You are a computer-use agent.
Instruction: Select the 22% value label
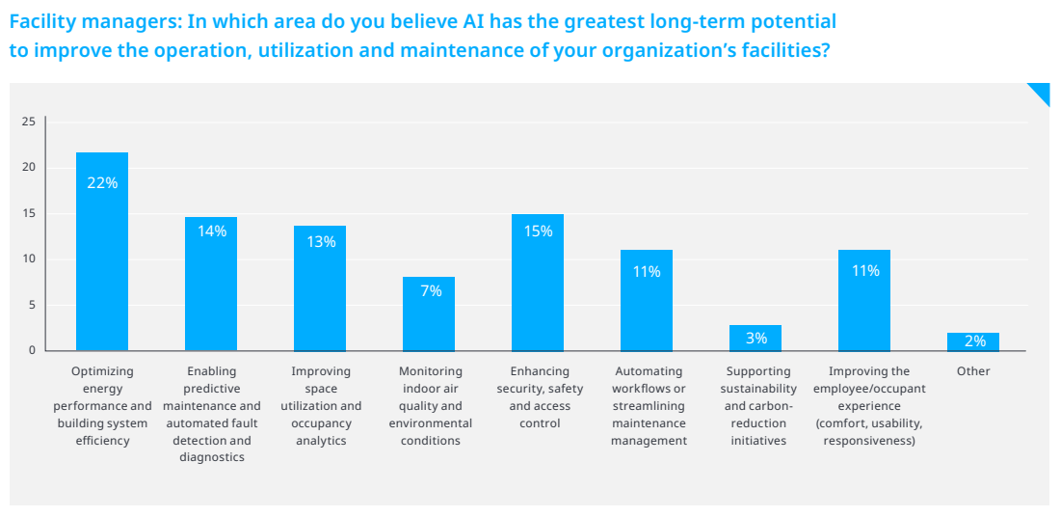pyautogui.click(x=102, y=182)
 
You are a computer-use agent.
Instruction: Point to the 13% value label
pyautogui.click(x=321, y=242)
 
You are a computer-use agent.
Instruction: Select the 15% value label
pyautogui.click(x=538, y=231)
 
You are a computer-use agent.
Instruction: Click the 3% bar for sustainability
pyautogui.click(x=755, y=339)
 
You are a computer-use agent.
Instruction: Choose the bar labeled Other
pyautogui.click(x=973, y=342)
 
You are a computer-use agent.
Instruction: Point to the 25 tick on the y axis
pyautogui.click(x=29, y=122)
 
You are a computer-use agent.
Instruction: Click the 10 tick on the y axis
pyautogui.click(x=29, y=258)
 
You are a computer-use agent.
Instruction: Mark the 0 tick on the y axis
pyautogui.click(x=32, y=350)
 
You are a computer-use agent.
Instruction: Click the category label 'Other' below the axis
pyautogui.click(x=973, y=371)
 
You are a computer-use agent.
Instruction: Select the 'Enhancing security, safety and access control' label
pyautogui.click(x=540, y=397)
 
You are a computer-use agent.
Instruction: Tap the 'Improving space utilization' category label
pyautogui.click(x=321, y=406)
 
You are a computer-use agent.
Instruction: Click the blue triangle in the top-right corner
pyautogui.click(x=1041, y=92)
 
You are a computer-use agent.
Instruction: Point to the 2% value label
pyautogui.click(x=974, y=341)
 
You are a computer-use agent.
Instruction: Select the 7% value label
pyautogui.click(x=431, y=290)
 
